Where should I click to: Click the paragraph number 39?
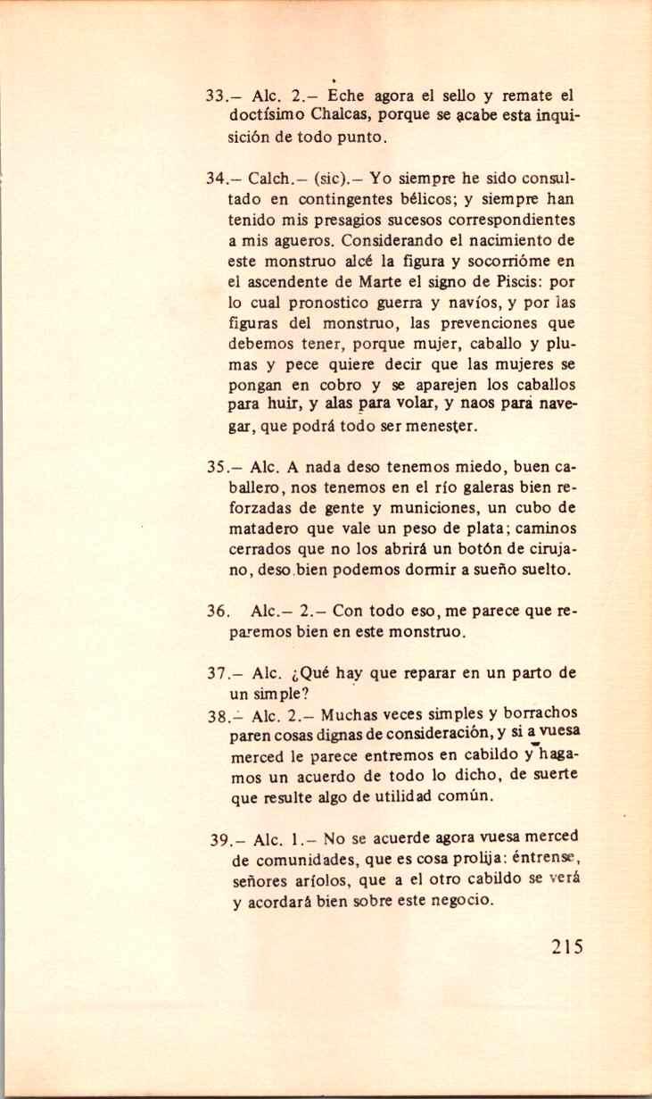pos(223,840)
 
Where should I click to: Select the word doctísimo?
pos(268,116)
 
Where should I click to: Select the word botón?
pos(483,548)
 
